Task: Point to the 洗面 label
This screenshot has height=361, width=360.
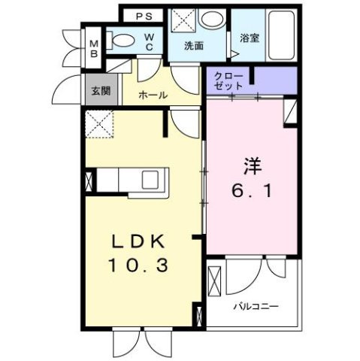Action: click(x=195, y=45)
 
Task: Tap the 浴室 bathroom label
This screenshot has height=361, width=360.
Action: click(x=250, y=37)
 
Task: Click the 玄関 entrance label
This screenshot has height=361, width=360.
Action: click(x=100, y=92)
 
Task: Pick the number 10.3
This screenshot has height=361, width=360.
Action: click(x=141, y=265)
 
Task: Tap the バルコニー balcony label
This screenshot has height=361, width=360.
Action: click(x=256, y=306)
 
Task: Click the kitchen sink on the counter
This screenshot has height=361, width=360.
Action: click(x=148, y=180)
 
